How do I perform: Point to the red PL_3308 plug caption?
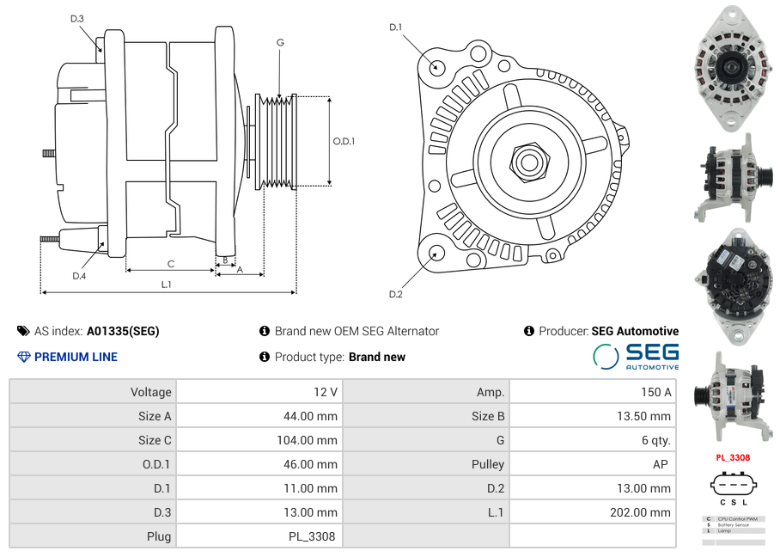pyautogui.click(x=733, y=458)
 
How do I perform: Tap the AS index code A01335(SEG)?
pyautogui.click(x=123, y=331)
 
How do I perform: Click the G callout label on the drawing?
pyautogui.click(x=281, y=42)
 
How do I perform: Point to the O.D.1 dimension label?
pyautogui.click(x=344, y=141)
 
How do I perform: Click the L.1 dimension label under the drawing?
pyautogui.click(x=167, y=285)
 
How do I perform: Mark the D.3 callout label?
pyautogui.click(x=77, y=19)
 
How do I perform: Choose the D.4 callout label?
pyautogui.click(x=79, y=276)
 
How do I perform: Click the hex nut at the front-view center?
pyautogui.click(x=527, y=160)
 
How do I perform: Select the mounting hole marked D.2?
pyautogui.click(x=436, y=253)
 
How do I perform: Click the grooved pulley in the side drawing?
pyautogui.click(x=277, y=141)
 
